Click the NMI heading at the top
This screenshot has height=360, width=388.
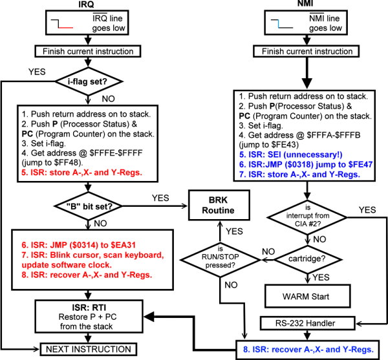click(297, 5)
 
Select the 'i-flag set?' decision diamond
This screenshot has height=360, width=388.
click(92, 81)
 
